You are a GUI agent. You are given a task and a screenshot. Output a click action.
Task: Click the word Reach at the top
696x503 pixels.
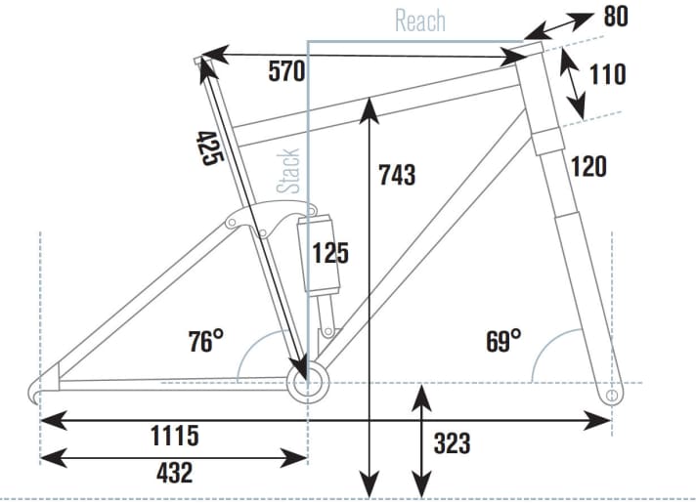(420, 21)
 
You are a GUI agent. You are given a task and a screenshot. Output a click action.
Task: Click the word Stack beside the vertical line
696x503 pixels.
(288, 172)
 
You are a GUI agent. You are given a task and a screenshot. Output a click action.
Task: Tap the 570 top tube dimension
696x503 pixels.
(286, 71)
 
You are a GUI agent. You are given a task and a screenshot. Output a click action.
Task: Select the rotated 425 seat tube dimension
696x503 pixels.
(209, 148)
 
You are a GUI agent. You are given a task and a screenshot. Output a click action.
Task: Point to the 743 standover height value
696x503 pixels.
(397, 175)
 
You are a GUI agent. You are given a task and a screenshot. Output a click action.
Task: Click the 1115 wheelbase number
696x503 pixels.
(175, 436)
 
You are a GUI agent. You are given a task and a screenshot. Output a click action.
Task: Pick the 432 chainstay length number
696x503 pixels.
(174, 473)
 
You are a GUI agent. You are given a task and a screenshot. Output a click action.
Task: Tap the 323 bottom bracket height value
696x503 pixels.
(452, 443)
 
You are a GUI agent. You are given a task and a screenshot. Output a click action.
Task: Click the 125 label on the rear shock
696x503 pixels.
(330, 253)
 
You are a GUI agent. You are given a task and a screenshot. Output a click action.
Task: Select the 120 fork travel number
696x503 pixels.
(588, 167)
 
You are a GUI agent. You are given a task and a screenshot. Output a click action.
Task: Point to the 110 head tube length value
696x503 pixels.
(608, 74)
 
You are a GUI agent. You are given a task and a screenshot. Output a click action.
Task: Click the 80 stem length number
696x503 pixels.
(616, 17)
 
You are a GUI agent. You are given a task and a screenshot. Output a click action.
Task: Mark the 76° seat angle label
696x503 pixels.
(205, 341)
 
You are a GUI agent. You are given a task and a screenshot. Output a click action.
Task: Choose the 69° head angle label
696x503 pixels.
(503, 341)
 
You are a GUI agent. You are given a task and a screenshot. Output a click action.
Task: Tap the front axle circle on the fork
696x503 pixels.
(612, 395)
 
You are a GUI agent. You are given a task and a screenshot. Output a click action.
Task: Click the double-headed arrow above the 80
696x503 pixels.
(558, 26)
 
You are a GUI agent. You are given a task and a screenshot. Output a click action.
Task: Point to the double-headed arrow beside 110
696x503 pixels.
(572, 82)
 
